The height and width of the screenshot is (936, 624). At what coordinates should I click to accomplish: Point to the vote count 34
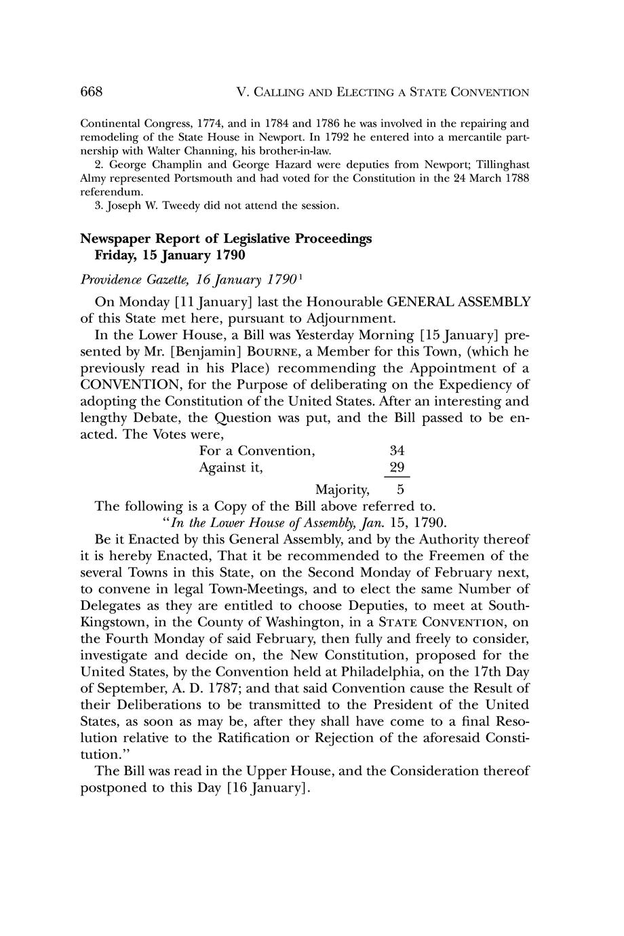click(x=397, y=451)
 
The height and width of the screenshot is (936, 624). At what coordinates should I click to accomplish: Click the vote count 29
click(x=397, y=467)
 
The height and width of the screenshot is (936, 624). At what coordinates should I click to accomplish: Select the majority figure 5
click(x=401, y=489)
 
